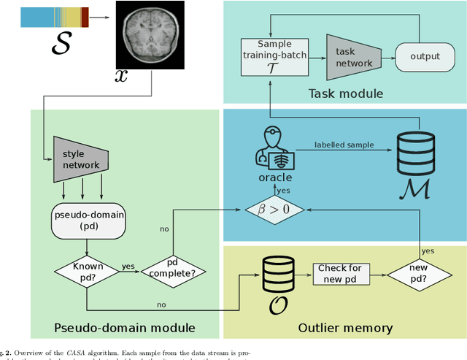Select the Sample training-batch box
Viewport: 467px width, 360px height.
[x=271, y=57]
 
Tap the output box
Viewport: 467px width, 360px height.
[x=425, y=57]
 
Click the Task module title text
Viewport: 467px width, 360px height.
[x=344, y=93]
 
